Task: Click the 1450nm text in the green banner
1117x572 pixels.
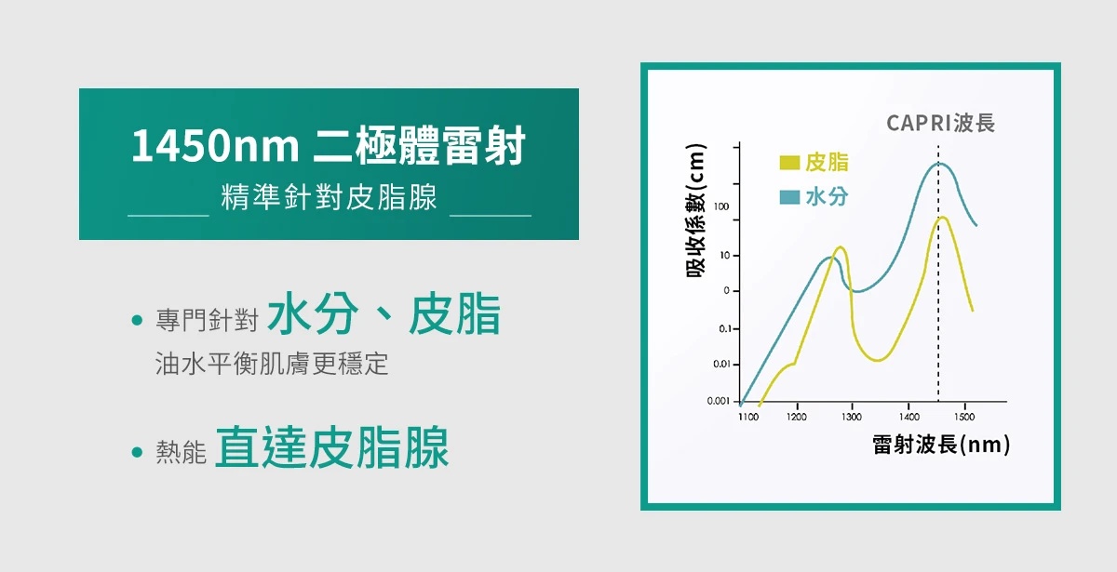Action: tap(215, 145)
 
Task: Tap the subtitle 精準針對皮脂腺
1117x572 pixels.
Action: tap(330, 197)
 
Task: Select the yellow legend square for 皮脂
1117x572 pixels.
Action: tap(789, 163)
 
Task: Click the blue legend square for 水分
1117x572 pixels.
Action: tap(789, 197)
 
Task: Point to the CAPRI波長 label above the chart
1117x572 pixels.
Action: tap(940, 123)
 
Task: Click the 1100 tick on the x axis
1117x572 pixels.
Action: tap(748, 417)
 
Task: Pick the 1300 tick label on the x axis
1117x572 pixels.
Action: tap(851, 417)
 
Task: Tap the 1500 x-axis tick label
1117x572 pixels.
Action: tap(964, 417)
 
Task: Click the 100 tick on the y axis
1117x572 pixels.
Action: tap(721, 206)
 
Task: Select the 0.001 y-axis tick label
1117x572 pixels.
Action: tap(718, 401)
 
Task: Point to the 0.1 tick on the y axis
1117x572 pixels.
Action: tap(725, 329)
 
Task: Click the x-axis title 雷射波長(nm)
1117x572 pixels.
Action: tap(941, 445)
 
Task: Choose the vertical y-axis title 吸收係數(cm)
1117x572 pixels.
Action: tap(696, 210)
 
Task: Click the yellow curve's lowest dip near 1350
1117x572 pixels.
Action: tap(878, 360)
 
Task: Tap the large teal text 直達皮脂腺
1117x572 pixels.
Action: tap(332, 447)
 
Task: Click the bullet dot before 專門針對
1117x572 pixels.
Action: tap(137, 320)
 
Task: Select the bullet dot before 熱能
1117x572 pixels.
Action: tap(137, 452)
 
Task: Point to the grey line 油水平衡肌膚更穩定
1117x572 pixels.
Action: tap(272, 364)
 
